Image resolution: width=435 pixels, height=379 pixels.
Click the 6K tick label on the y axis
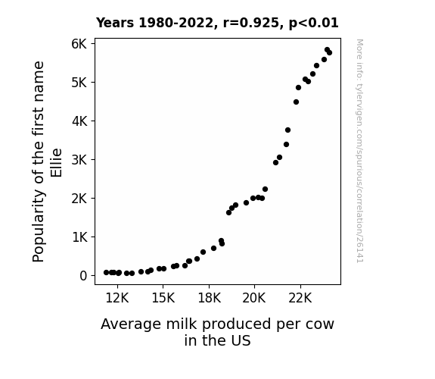click(79, 44)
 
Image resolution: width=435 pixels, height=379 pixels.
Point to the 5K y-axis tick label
click(79, 83)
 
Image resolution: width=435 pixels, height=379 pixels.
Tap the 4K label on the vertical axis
click(79, 121)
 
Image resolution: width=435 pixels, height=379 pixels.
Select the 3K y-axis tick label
click(79, 160)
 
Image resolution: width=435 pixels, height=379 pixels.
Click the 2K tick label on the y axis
click(79, 199)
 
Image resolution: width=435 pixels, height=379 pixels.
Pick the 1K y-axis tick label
click(79, 237)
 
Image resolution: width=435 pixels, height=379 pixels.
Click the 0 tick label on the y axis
click(83, 276)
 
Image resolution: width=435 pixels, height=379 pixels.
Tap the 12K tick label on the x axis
click(117, 298)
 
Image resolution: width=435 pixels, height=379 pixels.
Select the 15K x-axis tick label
click(163, 298)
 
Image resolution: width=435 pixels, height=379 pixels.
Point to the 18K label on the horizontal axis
click(209, 298)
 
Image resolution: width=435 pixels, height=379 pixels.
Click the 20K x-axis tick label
click(254, 298)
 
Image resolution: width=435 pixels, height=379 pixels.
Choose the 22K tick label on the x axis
click(300, 298)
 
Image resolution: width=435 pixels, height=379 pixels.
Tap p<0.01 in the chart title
click(314, 23)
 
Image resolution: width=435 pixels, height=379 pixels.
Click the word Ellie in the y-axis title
click(56, 163)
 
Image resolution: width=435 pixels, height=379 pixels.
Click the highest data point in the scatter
click(327, 50)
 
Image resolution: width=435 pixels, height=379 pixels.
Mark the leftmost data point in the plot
click(106, 273)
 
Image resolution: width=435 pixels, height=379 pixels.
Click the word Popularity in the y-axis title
click(39, 226)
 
